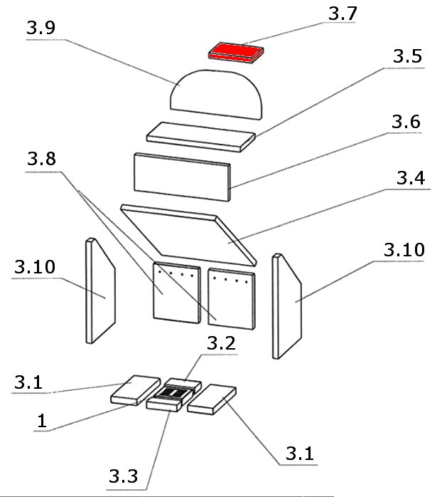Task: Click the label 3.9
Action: (41, 30)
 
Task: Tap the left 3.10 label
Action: (33, 268)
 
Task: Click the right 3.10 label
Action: (404, 251)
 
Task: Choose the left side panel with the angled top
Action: (100, 291)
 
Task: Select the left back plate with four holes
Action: (176, 291)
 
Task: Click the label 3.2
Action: (222, 344)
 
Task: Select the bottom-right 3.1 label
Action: (300, 452)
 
